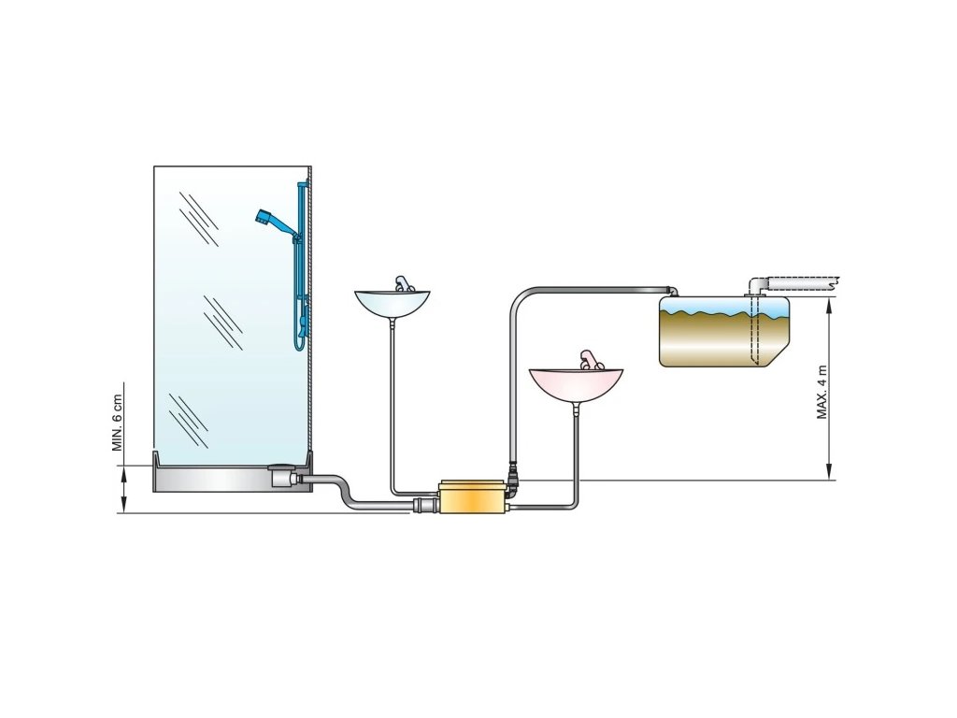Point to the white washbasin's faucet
coord(400,283)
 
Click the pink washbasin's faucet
coord(587,360)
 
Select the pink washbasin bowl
coord(576,382)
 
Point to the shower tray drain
coord(279,476)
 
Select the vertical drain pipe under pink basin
coord(577,449)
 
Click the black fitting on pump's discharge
coord(512,482)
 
